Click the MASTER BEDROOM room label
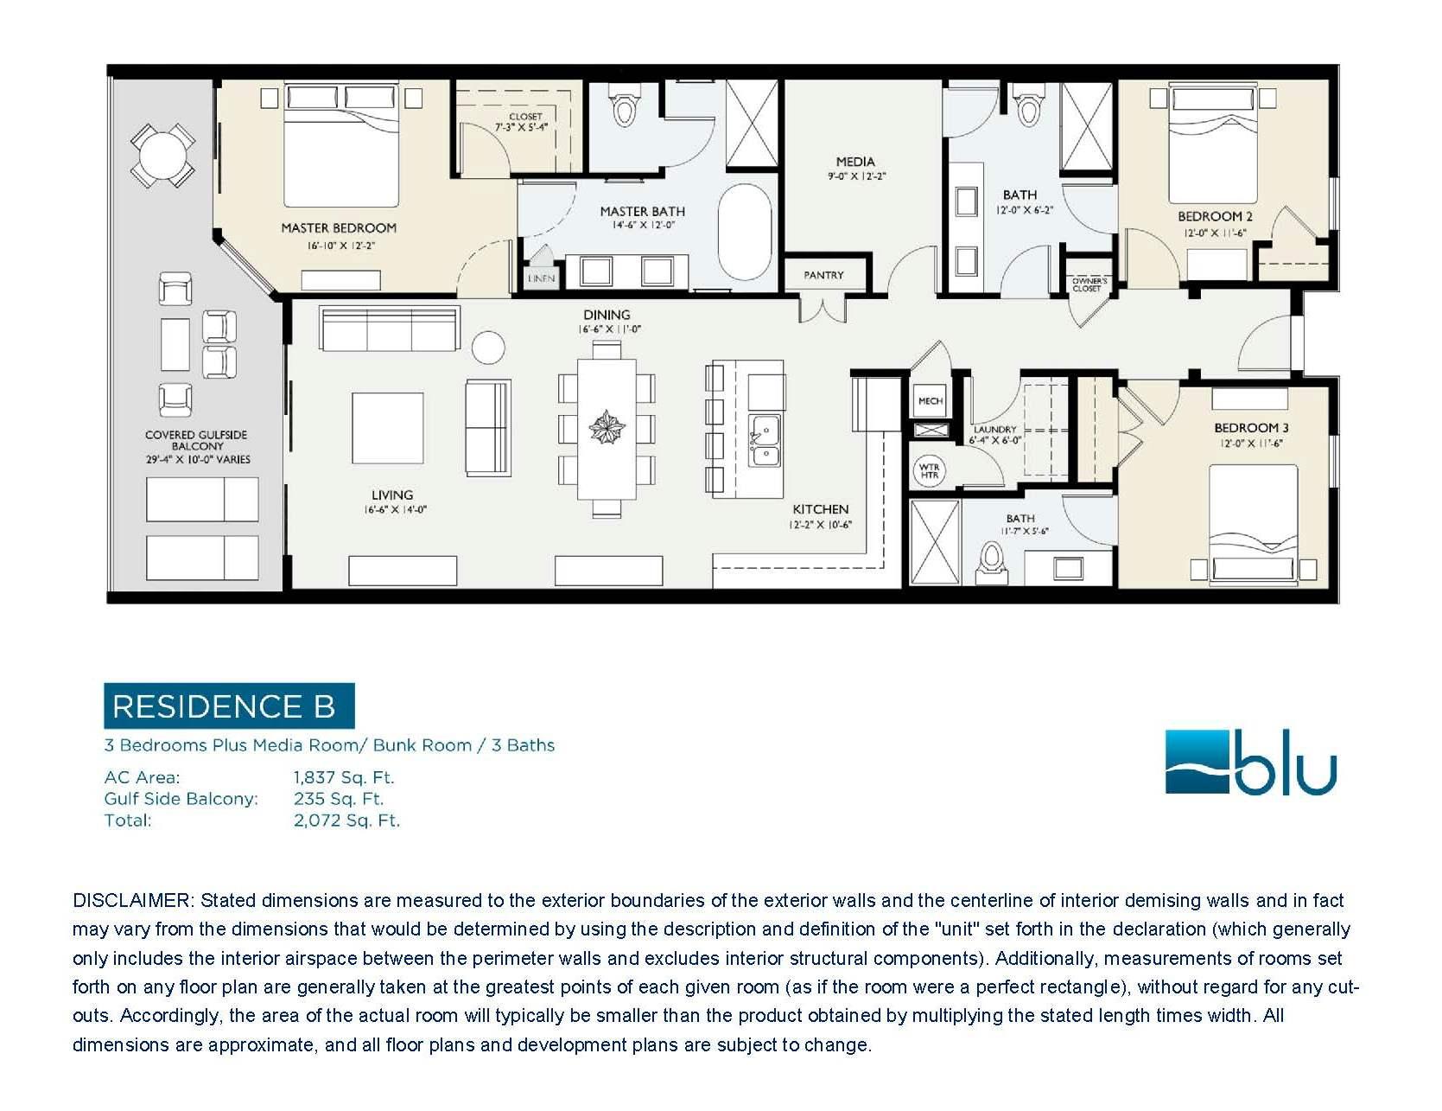pyautogui.click(x=339, y=228)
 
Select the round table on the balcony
pyautogui.click(x=162, y=156)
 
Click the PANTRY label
pyautogui.click(x=823, y=275)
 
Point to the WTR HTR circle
pyautogui.click(x=930, y=471)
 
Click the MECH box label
pyautogui.click(x=931, y=401)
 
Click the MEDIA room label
pyautogui.click(x=855, y=162)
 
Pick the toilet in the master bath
pyautogui.click(x=624, y=105)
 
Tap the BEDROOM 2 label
pyautogui.click(x=1215, y=216)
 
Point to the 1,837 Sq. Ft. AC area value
pyautogui.click(x=344, y=777)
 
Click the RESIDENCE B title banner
pyautogui.click(x=229, y=706)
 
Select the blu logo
pyautogui.click(x=1250, y=763)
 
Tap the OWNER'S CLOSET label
pyautogui.click(x=1089, y=284)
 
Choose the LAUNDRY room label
pyautogui.click(x=994, y=430)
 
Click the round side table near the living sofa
pyautogui.click(x=488, y=348)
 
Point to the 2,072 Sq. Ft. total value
pyautogui.click(x=346, y=820)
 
